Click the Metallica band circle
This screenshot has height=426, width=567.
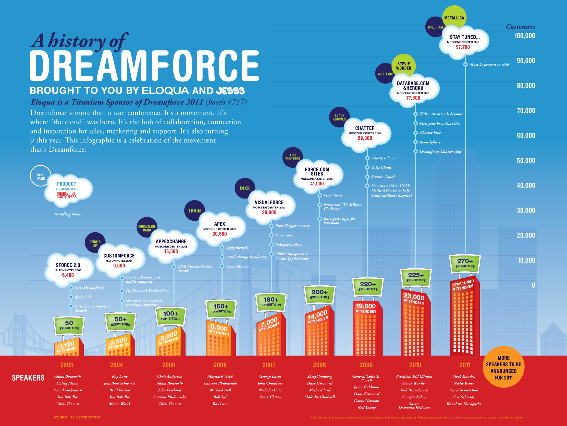(x=454, y=17)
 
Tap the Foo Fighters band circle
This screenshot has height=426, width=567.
(x=292, y=157)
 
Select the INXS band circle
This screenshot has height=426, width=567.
(x=244, y=188)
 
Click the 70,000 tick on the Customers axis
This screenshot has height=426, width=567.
(x=526, y=111)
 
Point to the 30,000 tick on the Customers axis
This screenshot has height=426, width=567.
(x=526, y=210)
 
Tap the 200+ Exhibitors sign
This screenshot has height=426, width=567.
(x=319, y=294)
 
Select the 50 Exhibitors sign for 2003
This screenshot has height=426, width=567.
(x=69, y=325)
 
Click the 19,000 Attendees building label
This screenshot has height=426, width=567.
(x=366, y=308)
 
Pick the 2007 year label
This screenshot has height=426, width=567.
(x=269, y=365)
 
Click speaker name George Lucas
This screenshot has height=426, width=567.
(x=270, y=376)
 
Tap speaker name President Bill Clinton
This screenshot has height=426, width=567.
(x=414, y=376)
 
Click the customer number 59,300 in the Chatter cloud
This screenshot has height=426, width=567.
(x=365, y=138)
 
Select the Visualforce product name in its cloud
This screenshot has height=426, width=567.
(x=269, y=203)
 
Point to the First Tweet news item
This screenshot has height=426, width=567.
(x=333, y=195)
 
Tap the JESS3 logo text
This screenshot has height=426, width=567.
(x=230, y=91)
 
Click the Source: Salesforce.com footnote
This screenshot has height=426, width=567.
(x=77, y=417)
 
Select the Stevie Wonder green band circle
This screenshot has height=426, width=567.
(x=403, y=66)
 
